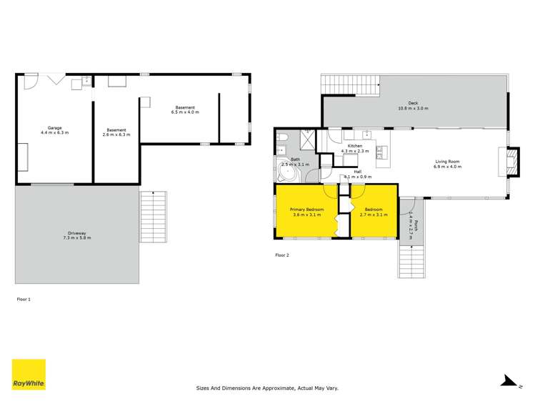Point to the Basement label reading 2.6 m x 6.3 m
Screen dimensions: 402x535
coord(116,132)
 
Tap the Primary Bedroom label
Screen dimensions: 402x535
coord(306,212)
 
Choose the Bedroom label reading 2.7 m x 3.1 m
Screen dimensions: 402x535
coord(373,212)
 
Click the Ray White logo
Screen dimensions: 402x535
coord(29,374)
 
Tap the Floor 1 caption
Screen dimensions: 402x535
coord(24,299)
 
